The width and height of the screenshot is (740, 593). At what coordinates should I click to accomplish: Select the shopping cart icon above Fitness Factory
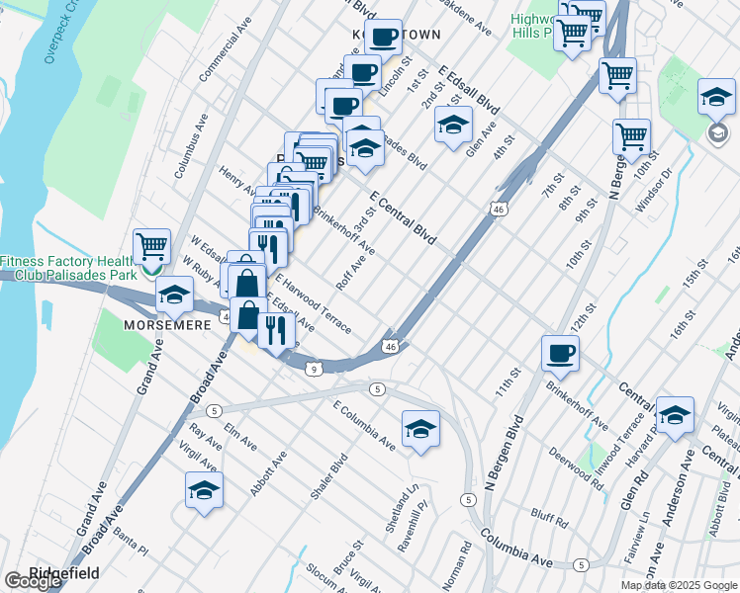(151, 245)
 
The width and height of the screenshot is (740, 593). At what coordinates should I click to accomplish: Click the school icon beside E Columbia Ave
(420, 428)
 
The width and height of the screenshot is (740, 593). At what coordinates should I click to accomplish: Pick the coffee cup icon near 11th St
(561, 353)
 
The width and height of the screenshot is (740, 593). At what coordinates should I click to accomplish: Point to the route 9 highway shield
(313, 370)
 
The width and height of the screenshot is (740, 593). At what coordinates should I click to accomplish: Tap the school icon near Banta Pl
(204, 490)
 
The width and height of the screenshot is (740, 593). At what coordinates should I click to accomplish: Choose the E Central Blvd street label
(403, 217)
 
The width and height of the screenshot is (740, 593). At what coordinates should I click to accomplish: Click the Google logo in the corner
(33, 581)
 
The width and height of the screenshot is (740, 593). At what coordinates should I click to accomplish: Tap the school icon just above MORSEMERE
(174, 294)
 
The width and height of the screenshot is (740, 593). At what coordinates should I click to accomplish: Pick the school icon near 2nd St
(453, 126)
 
